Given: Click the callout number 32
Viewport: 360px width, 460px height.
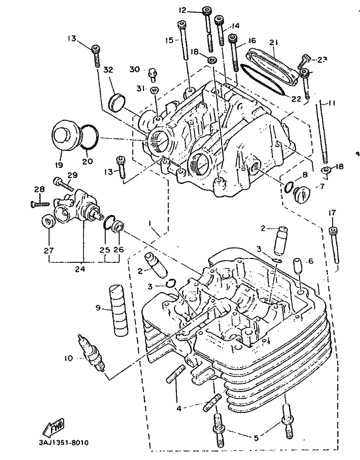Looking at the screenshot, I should point(109,69).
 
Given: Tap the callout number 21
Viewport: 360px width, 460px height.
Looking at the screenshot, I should point(273,43).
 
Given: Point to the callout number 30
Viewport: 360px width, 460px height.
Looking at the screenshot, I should point(134,69).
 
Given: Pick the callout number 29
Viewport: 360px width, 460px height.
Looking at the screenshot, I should point(72,175).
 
